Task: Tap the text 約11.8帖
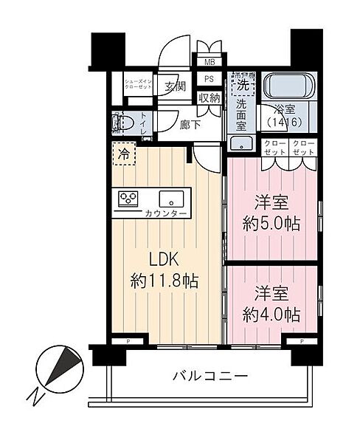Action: (165, 281)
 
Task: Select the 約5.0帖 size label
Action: (272, 223)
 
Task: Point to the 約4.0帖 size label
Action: (272, 313)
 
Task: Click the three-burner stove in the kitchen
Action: (128, 198)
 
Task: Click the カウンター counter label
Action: (166, 213)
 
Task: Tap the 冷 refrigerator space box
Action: (124, 155)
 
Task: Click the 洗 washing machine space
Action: (240, 85)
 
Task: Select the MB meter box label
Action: (209, 63)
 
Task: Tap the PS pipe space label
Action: (209, 79)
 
